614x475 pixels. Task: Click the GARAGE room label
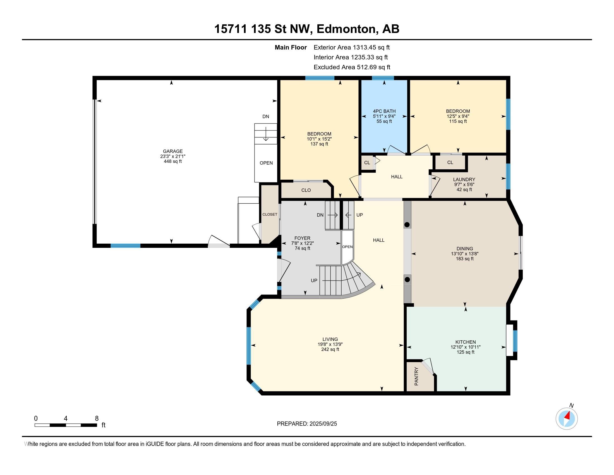click(172, 151)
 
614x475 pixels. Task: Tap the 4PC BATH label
click(384, 111)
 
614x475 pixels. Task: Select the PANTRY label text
click(416, 376)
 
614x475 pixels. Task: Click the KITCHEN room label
click(466, 342)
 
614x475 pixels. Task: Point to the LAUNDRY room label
click(464, 180)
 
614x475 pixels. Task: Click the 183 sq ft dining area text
click(465, 259)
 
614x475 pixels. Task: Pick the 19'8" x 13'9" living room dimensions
click(330, 344)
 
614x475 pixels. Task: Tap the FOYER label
click(302, 238)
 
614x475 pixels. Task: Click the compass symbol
click(567, 419)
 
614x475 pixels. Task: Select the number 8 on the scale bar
click(97, 419)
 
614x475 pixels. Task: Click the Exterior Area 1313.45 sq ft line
click(352, 47)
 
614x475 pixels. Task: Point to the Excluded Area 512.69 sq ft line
click(352, 67)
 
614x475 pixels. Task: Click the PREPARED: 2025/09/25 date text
click(307, 424)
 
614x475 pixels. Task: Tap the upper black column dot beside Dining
click(407, 225)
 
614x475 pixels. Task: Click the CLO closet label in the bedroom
click(306, 190)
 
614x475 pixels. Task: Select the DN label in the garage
click(266, 117)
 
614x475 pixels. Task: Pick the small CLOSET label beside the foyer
click(270, 214)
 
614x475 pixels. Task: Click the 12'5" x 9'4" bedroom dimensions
click(458, 116)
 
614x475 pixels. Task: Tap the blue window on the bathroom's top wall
click(383, 78)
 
